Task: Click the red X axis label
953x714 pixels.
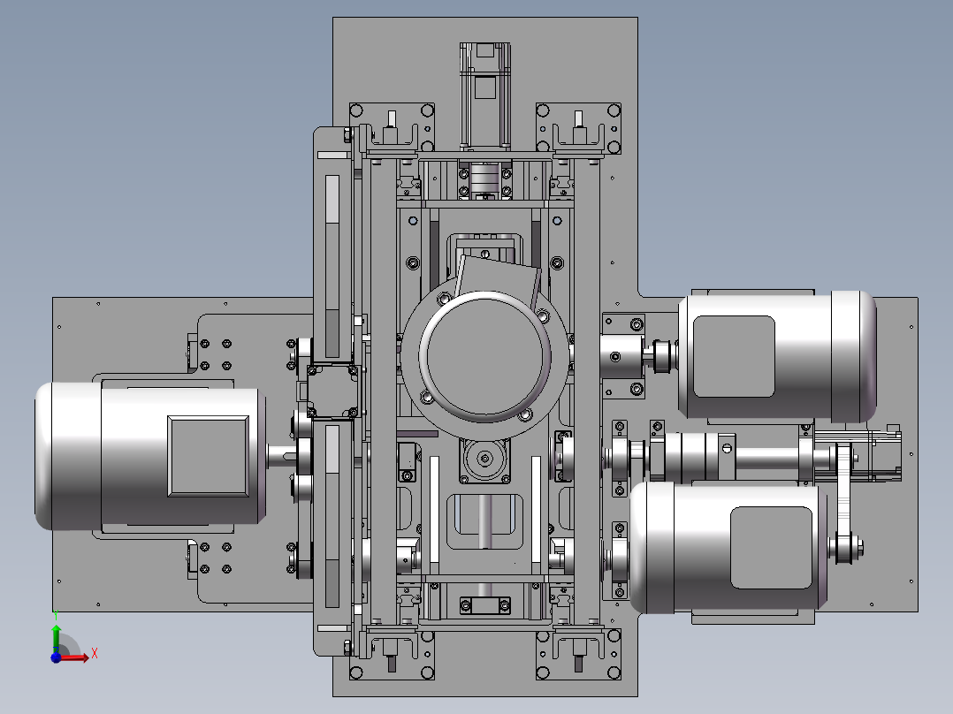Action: [x=95, y=654]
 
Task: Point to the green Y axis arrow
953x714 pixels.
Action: [x=56, y=635]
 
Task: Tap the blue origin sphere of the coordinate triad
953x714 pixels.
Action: [x=56, y=657]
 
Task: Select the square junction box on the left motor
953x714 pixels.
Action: [x=208, y=456]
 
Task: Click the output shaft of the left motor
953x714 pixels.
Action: [x=282, y=456]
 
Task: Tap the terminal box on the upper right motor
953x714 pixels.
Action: [x=734, y=357]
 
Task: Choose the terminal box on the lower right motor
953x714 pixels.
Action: [x=771, y=548]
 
